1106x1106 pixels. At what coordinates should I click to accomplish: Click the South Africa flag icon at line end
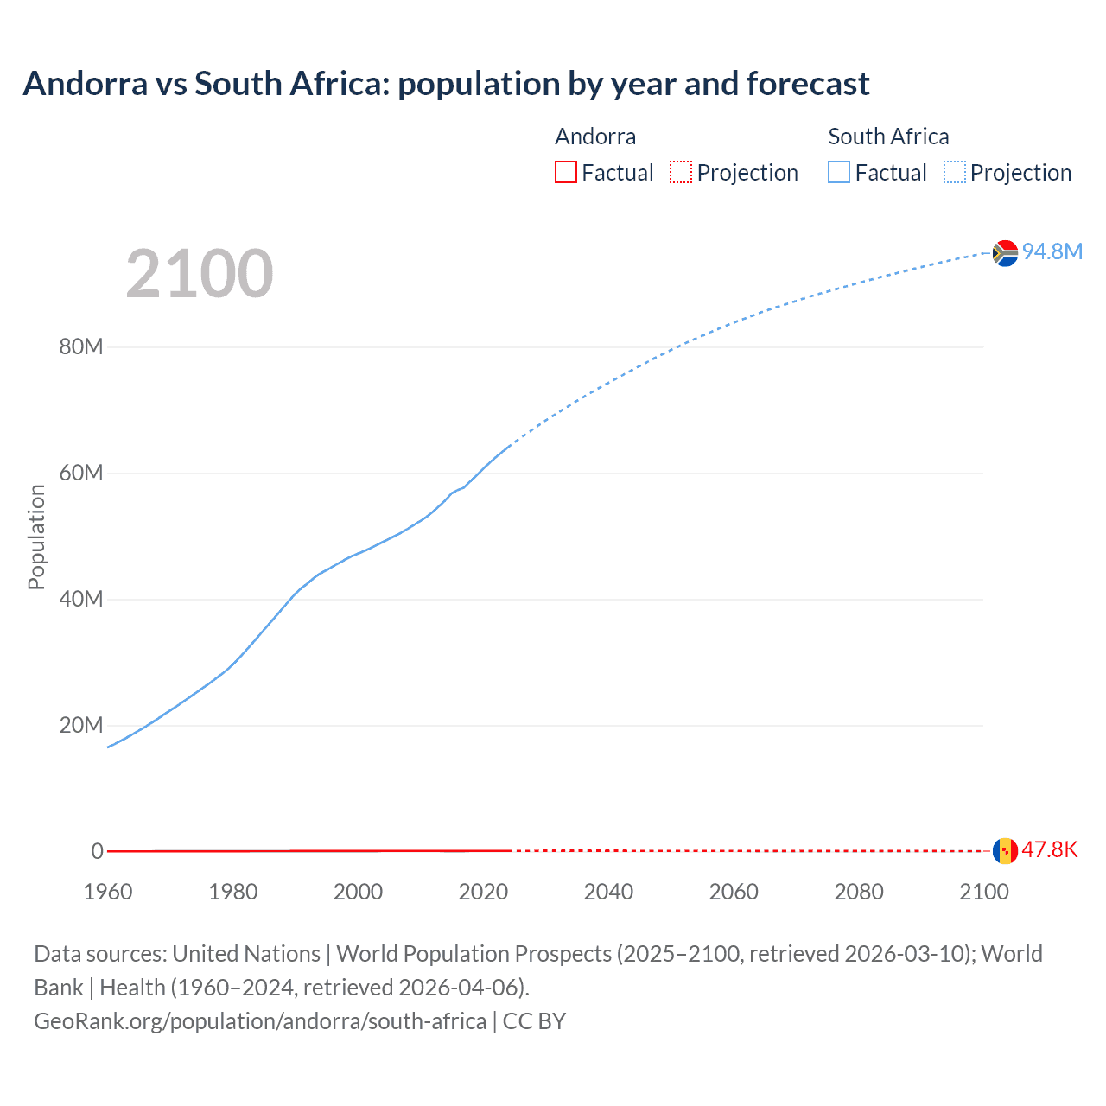tap(1005, 253)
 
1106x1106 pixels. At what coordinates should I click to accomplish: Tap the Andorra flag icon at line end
tap(1005, 850)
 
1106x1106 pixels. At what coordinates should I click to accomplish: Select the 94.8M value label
tap(1052, 251)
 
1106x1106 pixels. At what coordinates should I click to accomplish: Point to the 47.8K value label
tap(1049, 849)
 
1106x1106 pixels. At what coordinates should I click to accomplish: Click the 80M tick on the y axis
tap(81, 347)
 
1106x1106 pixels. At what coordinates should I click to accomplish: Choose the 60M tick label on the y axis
tap(81, 474)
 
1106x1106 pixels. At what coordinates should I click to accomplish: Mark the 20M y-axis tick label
tap(81, 725)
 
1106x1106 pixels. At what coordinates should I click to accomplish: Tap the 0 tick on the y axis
tap(97, 851)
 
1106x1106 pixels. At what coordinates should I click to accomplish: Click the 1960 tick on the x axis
tap(108, 892)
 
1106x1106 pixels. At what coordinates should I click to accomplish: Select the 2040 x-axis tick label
tap(608, 892)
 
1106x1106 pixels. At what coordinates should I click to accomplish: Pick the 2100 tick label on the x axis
tap(983, 892)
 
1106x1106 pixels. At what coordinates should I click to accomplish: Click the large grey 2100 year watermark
tap(200, 274)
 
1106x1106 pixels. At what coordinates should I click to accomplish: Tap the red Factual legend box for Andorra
tap(566, 172)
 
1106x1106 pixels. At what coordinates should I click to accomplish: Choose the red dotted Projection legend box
tap(681, 172)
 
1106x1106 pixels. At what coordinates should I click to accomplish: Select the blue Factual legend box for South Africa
tap(839, 172)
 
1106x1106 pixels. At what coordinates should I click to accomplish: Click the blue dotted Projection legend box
tap(955, 172)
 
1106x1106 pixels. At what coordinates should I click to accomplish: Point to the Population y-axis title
tap(36, 537)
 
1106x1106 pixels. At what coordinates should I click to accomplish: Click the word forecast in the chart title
tap(808, 84)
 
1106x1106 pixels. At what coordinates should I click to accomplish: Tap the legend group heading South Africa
tap(888, 137)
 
